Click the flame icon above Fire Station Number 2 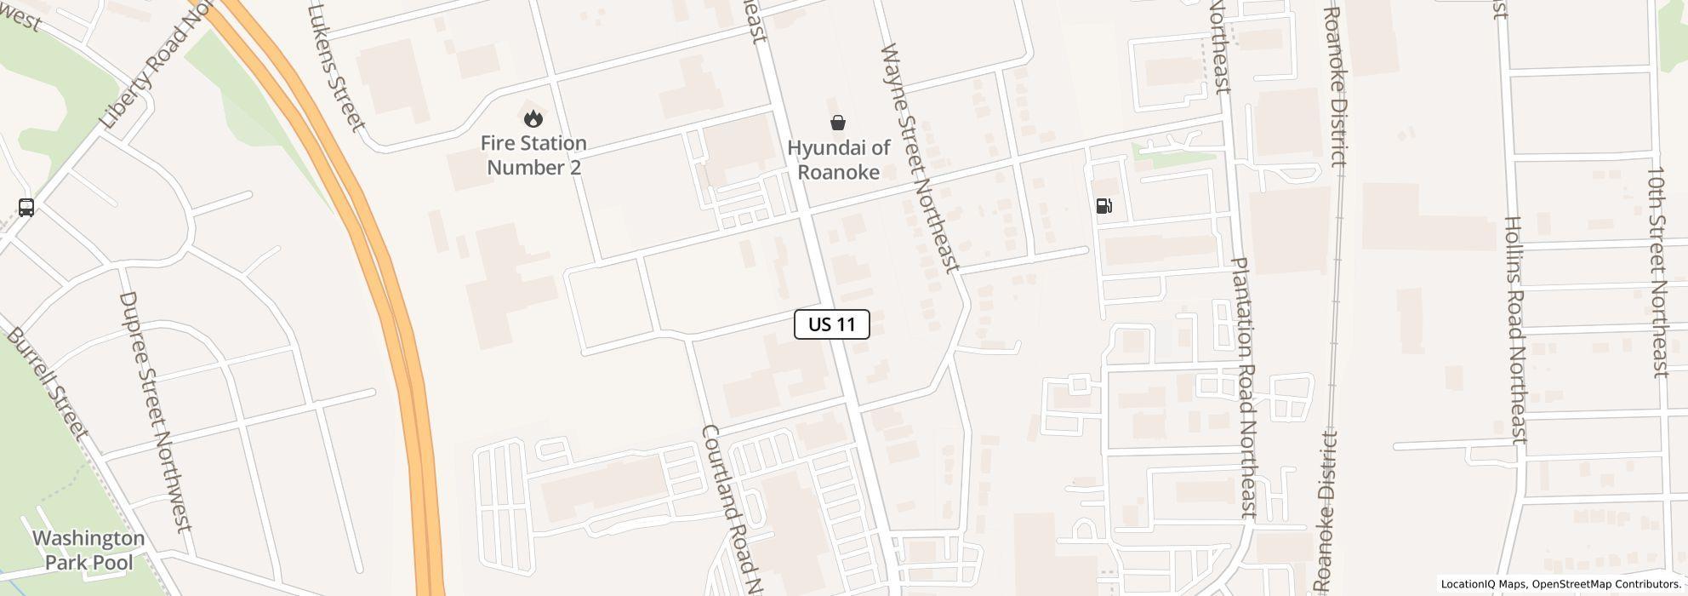click(533, 118)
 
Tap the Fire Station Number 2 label click(533, 155)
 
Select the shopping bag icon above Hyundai click(838, 123)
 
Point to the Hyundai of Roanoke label click(838, 159)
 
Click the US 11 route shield click(831, 324)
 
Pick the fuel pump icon click(1103, 205)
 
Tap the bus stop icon click(26, 208)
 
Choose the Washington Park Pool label click(88, 550)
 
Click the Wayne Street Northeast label click(920, 158)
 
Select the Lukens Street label click(336, 68)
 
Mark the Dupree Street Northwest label click(156, 411)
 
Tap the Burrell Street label click(47, 382)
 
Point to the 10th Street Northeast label click(1658, 272)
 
